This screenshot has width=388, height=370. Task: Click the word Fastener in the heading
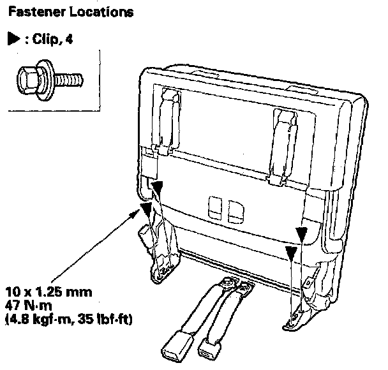click(33, 11)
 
